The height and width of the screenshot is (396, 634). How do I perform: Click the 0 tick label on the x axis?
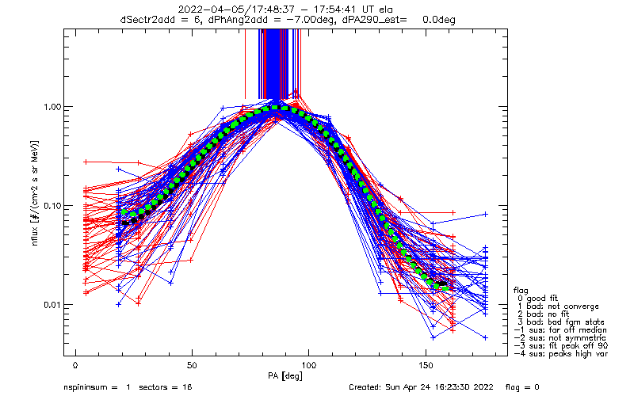point(75,365)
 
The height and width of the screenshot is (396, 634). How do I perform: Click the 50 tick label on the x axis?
point(192,365)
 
